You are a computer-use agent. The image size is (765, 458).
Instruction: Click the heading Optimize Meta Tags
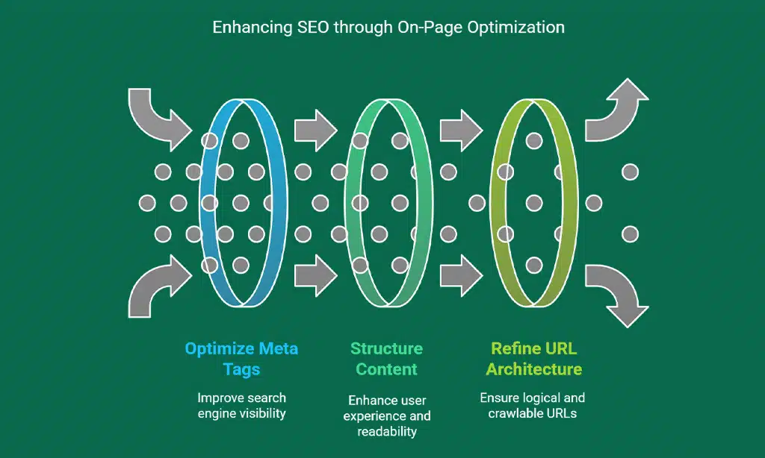(x=241, y=359)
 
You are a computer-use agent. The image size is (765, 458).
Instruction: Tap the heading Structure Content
(x=387, y=359)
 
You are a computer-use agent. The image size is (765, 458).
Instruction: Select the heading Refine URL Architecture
(x=533, y=359)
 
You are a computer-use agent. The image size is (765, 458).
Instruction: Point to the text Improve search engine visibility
(x=241, y=406)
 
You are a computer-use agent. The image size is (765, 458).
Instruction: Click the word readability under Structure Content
(x=387, y=431)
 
